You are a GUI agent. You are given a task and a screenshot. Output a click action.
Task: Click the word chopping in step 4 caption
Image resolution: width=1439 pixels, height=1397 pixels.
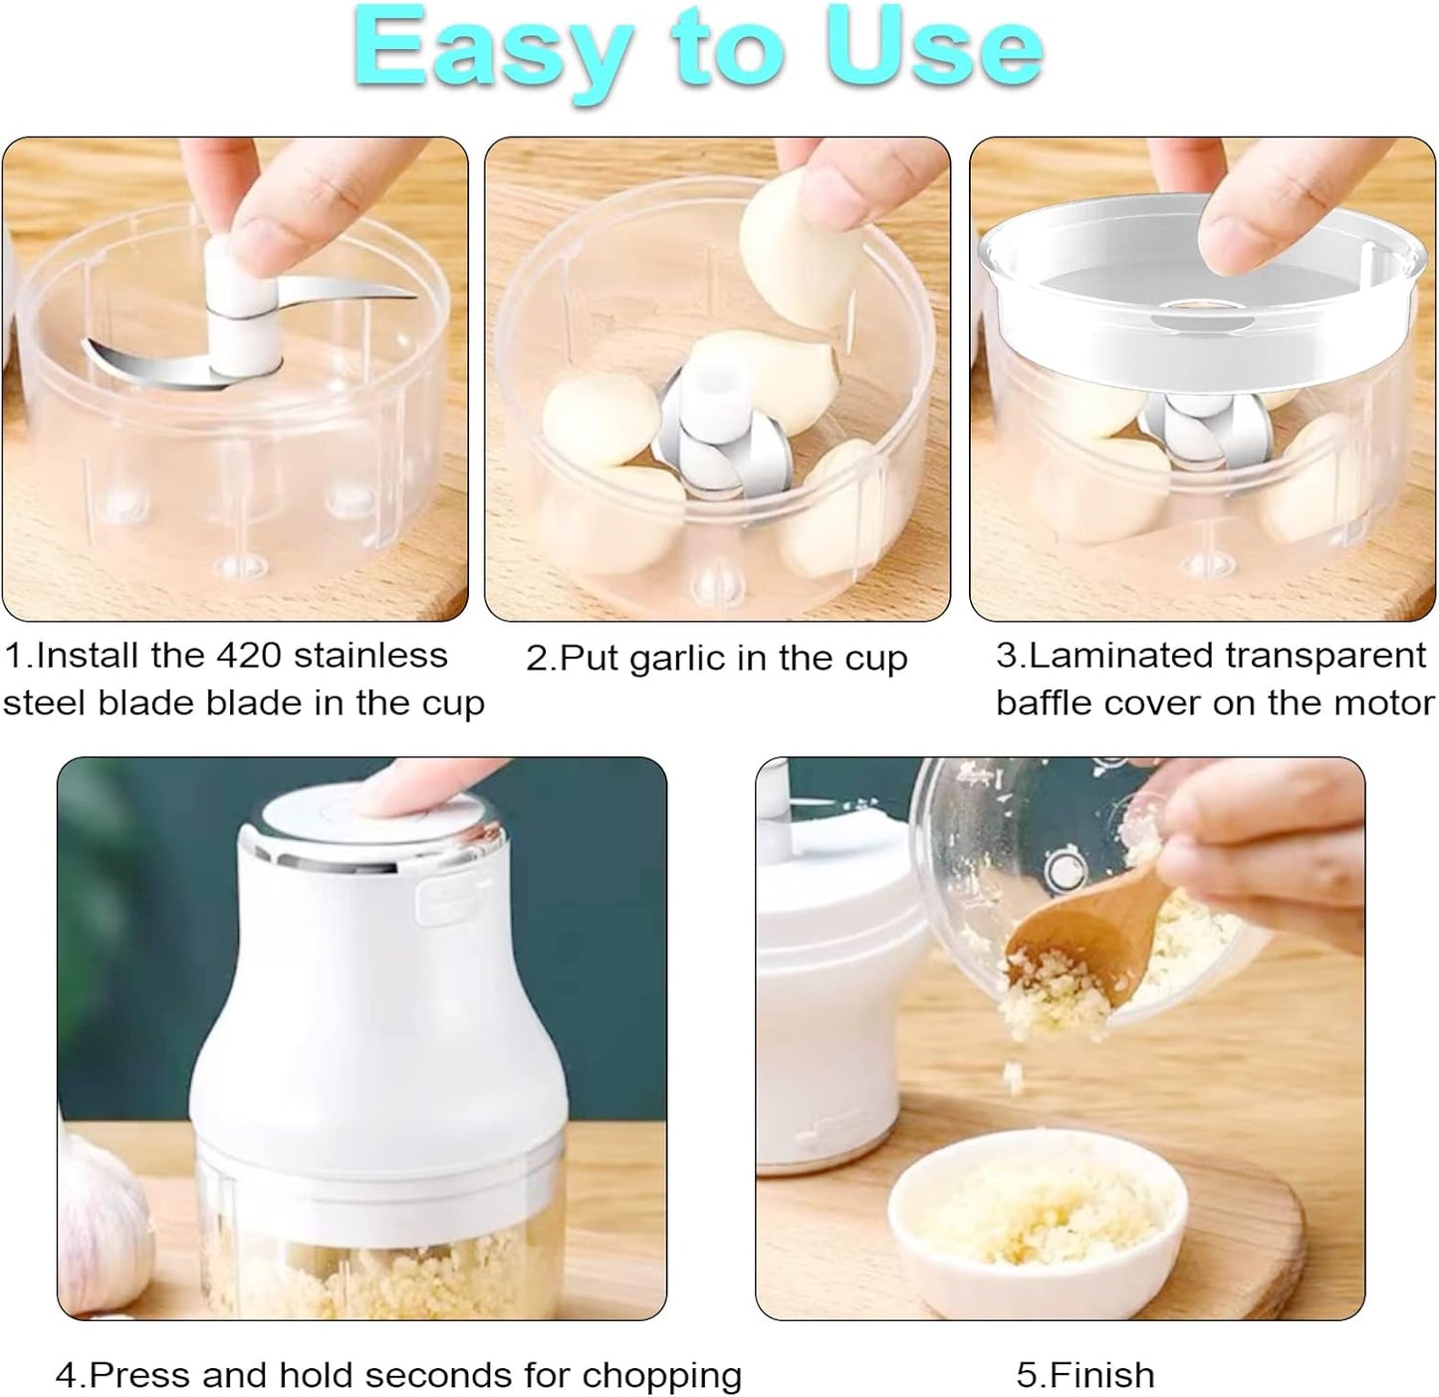click(x=662, y=1375)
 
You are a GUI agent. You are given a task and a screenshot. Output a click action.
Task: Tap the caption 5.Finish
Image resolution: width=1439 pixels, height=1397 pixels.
click(x=1084, y=1375)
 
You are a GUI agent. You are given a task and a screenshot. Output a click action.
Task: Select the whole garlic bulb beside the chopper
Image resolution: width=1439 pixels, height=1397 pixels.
click(x=100, y=1211)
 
